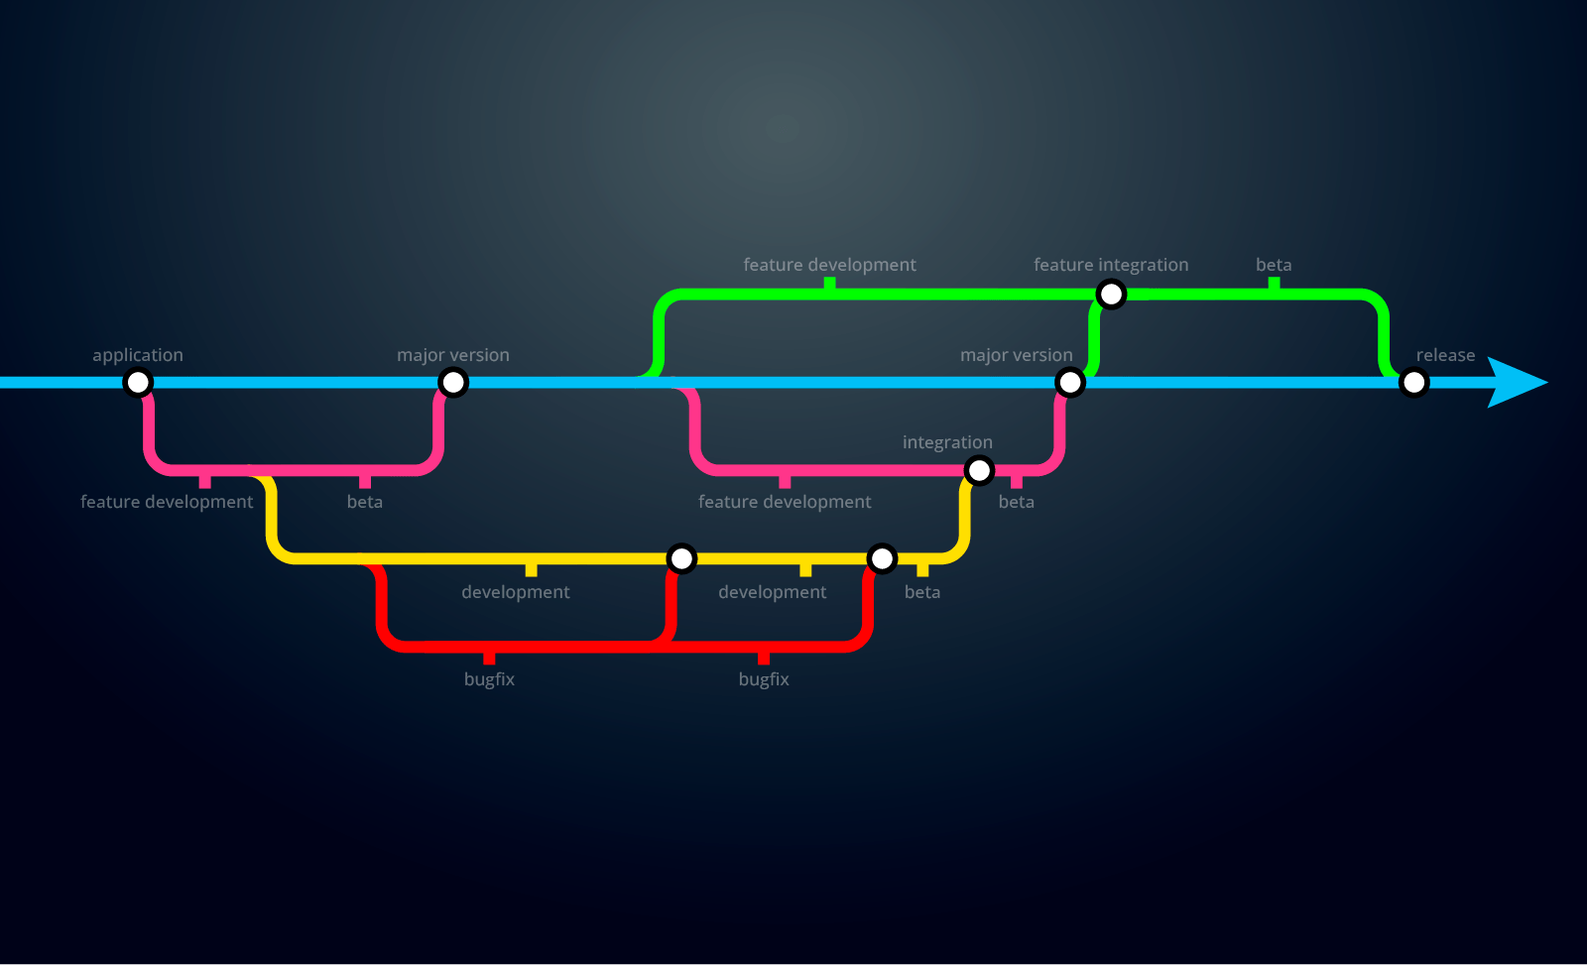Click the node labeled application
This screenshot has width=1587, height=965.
pos(138,382)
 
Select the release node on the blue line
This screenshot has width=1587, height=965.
pos(1413,382)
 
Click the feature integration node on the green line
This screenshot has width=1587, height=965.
pos(1111,295)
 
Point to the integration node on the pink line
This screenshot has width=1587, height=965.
pos(979,470)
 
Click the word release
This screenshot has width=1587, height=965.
pos(1445,355)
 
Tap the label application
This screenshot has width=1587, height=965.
pos(138,355)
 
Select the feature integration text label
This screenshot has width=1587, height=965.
pos(1111,265)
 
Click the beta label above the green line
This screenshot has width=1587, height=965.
pos(1274,265)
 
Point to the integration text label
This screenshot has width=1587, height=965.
pos(947,442)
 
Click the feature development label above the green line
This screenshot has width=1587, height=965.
pos(829,265)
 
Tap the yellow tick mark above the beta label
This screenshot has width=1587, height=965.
pos(922,569)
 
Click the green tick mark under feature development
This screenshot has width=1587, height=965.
pos(829,285)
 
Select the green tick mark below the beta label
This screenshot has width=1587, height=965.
pos(1274,285)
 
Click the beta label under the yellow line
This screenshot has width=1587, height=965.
pos(922,592)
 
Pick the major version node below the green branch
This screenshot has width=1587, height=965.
pos(1070,382)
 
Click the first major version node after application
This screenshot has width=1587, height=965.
pos(453,382)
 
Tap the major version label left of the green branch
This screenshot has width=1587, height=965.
pos(453,355)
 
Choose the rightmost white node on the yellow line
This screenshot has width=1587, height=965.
pos(882,558)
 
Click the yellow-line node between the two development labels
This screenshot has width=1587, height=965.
pos(681,558)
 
